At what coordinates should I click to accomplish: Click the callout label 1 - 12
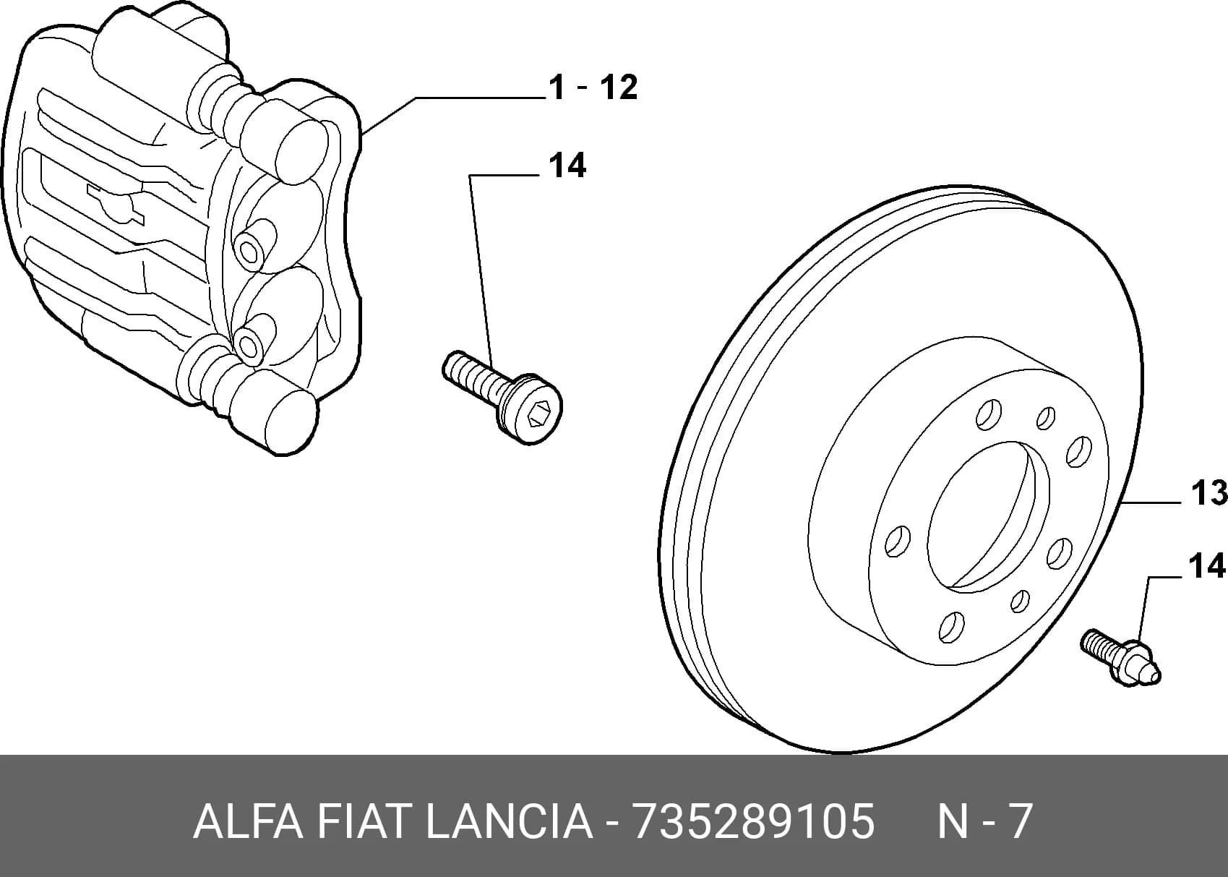click(593, 87)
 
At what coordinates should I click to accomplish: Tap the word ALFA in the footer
click(248, 821)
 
